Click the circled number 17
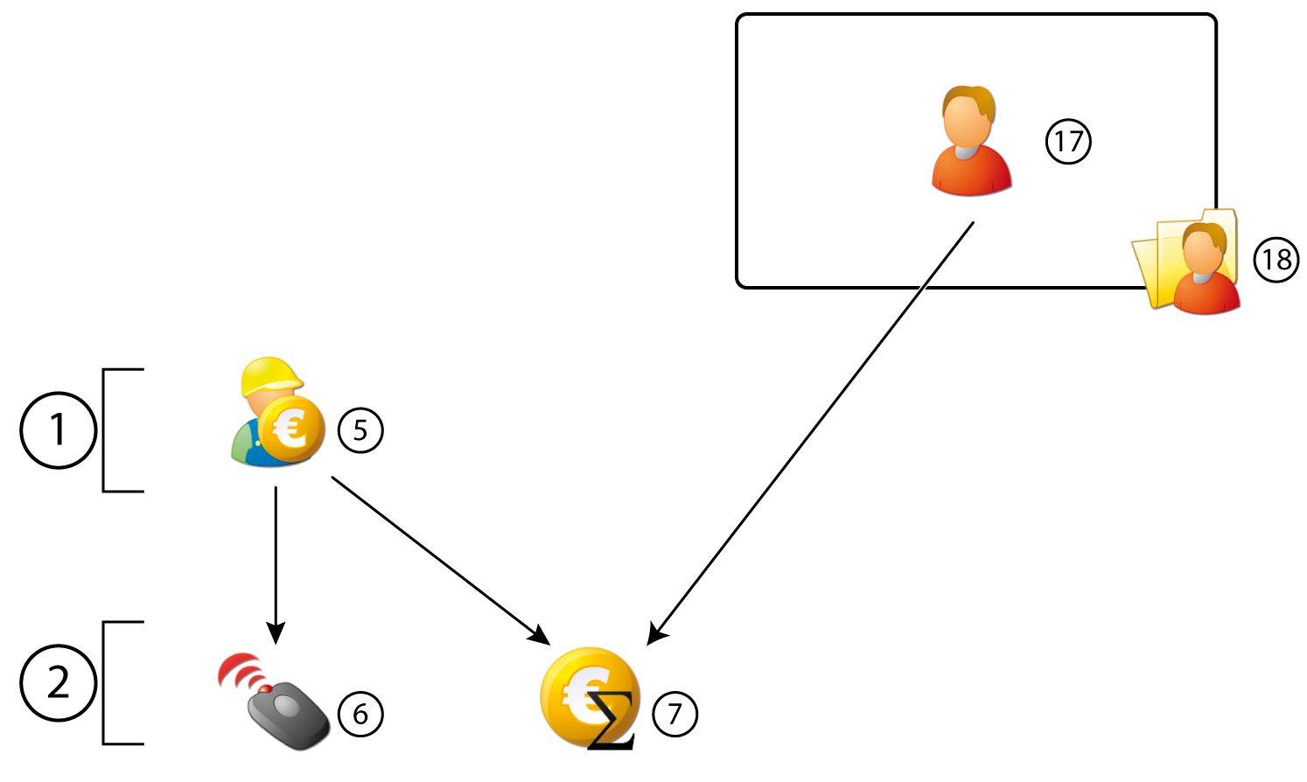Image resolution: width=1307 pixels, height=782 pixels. point(1068,142)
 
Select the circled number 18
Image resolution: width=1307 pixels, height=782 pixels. point(1276,260)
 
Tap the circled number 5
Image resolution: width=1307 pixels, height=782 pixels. point(360,430)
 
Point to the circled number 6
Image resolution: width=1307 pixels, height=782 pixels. point(360,714)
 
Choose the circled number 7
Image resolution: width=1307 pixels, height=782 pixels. point(674,714)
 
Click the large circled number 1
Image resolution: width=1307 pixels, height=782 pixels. point(58,430)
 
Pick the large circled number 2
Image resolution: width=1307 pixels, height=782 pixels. point(58,682)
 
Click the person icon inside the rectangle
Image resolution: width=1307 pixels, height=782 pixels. point(971,142)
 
